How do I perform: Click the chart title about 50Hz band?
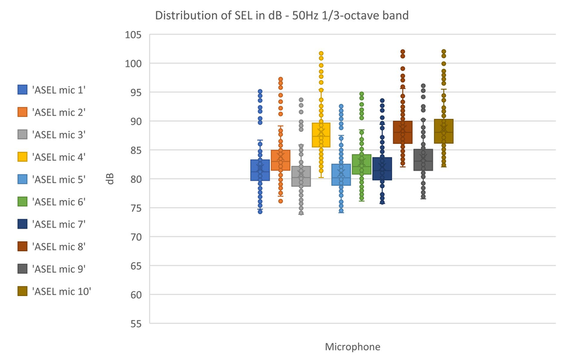point(282,16)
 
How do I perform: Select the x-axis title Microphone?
point(352,347)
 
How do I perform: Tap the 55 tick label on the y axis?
point(135,324)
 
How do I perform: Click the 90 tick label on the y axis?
point(135,121)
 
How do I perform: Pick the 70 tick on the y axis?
point(135,237)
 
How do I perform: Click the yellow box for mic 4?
point(321,135)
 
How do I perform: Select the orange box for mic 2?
point(281,160)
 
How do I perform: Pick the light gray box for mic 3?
point(301,176)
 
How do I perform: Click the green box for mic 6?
point(362,164)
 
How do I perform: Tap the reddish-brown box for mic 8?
point(402,133)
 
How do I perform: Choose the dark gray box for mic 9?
point(423,160)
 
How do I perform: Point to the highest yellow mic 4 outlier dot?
point(321,54)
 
